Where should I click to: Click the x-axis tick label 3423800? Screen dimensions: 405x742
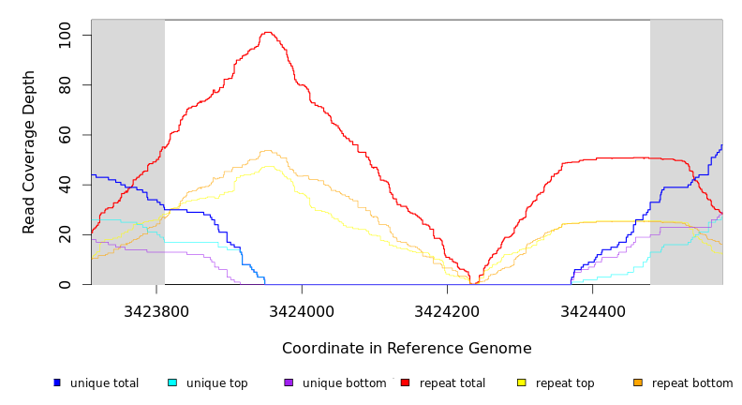click(156, 310)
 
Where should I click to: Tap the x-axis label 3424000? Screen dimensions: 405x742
click(302, 310)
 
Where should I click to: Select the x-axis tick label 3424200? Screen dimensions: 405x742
click(447, 310)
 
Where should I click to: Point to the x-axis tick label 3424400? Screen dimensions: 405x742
click(592, 310)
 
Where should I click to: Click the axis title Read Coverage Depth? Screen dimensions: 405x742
click(30, 152)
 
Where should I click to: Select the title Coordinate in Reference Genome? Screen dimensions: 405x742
click(407, 349)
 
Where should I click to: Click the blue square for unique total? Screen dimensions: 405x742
click(57, 382)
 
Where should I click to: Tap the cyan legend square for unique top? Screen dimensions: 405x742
click(172, 382)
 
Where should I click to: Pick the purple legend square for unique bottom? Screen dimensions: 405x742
click(289, 382)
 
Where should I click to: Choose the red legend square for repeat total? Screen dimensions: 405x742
click(405, 382)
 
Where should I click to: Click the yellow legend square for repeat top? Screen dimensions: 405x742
click(522, 382)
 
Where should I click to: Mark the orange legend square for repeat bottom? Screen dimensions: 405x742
click(638, 382)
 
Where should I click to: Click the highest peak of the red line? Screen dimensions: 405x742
click(268, 33)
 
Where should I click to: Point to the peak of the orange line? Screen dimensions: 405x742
click(267, 150)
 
